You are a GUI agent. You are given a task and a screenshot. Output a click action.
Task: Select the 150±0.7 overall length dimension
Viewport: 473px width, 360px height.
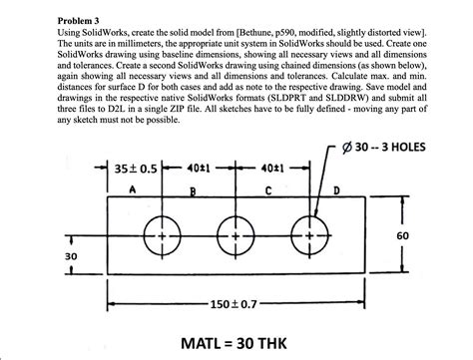[236, 296]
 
